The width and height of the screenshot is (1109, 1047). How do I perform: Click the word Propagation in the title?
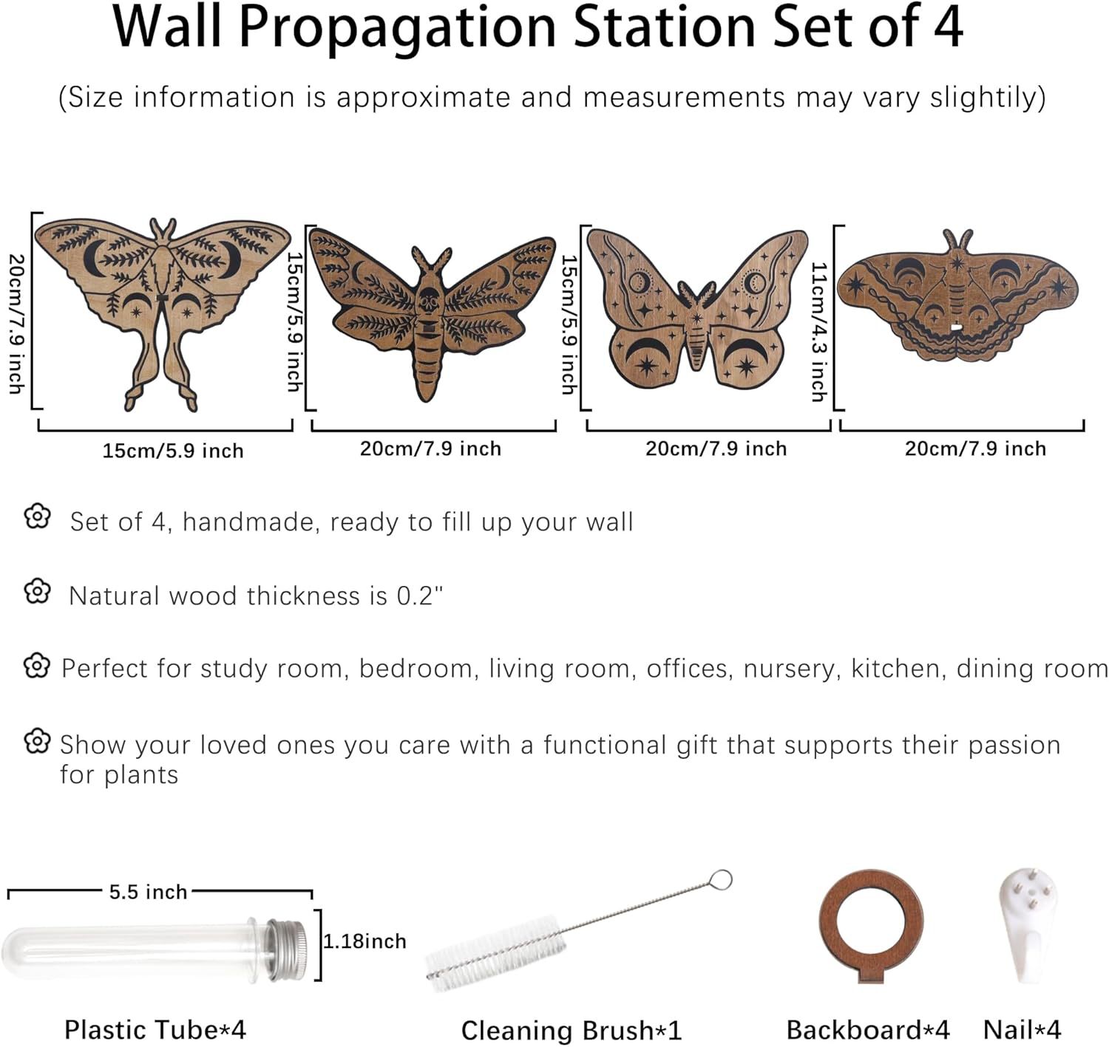(x=397, y=28)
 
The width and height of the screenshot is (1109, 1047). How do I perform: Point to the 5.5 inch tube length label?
(x=147, y=893)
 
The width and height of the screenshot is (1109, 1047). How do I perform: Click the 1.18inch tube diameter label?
(x=364, y=941)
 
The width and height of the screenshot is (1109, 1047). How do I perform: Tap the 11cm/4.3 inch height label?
(x=818, y=332)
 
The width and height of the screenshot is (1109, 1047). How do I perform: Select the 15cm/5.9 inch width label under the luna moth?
(x=172, y=451)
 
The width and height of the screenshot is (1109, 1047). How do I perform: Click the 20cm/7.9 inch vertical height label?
(x=17, y=324)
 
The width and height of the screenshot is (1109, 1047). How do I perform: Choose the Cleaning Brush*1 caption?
(x=572, y=1030)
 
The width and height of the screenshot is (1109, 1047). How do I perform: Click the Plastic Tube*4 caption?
(x=155, y=1030)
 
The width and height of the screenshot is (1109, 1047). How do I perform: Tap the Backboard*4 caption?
(x=868, y=1030)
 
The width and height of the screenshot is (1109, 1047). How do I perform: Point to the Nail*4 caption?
(x=1022, y=1030)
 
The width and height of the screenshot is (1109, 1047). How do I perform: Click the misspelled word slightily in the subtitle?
(x=987, y=99)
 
